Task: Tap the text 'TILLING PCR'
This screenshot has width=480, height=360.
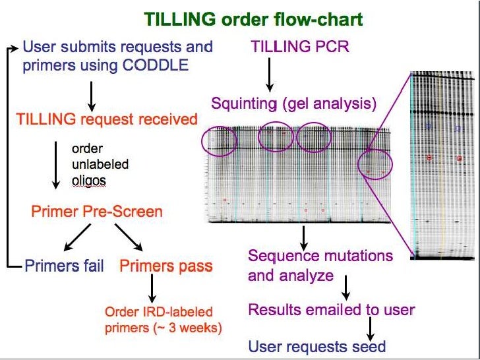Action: (x=300, y=47)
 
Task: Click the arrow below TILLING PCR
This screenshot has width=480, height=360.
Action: (x=269, y=75)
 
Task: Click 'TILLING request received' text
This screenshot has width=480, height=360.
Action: (x=106, y=119)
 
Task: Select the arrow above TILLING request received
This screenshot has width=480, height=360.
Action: (x=92, y=96)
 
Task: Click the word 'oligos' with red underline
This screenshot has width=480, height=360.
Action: (x=89, y=179)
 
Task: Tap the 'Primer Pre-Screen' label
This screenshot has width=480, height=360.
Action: (x=96, y=212)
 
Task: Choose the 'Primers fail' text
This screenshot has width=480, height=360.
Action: (x=64, y=266)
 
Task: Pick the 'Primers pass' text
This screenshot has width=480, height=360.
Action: (x=166, y=266)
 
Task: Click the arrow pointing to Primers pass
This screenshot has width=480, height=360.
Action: (x=129, y=238)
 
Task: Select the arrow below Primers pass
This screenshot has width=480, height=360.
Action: (x=152, y=287)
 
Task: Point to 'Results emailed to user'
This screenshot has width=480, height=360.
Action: (x=332, y=310)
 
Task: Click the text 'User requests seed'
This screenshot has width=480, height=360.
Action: (x=316, y=346)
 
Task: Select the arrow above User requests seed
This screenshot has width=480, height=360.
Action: (x=371, y=327)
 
